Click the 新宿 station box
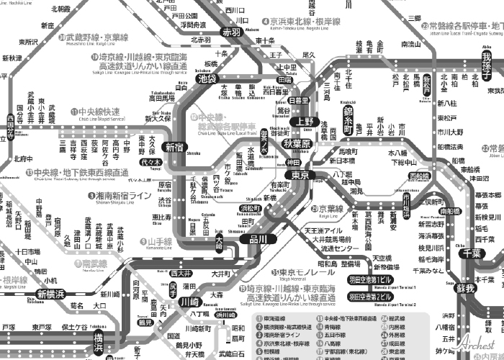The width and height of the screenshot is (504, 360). pyautogui.click(x=174, y=147)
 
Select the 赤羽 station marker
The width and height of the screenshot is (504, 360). pyautogui.click(x=231, y=32)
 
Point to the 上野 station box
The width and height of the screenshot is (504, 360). pyautogui.click(x=306, y=121)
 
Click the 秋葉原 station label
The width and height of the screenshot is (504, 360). pyautogui.click(x=297, y=143)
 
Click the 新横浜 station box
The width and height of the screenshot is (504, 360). pyautogui.click(x=51, y=293)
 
